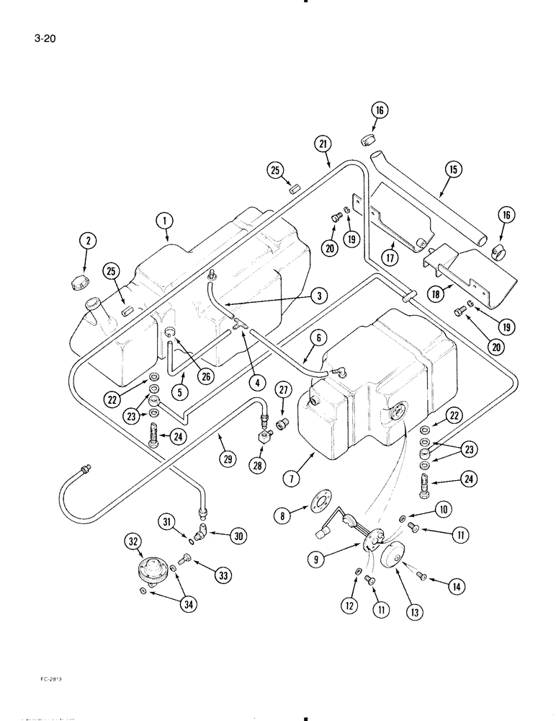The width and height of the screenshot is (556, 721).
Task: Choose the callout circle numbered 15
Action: click(x=453, y=170)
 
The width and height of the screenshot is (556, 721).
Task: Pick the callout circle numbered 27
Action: click(x=283, y=392)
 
